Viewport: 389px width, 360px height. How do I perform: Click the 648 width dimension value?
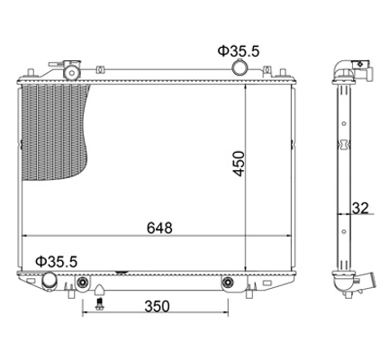pos(159,228)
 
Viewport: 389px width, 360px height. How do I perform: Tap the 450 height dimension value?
pos(240,164)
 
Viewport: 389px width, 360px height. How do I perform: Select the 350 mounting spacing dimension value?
pos(157,306)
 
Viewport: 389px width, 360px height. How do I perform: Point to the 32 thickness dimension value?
pos(360,208)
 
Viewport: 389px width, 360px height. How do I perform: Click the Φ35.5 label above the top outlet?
pos(239,51)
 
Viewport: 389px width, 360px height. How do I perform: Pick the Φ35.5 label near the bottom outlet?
pos(57,262)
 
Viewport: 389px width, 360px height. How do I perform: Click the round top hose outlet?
pos(240,67)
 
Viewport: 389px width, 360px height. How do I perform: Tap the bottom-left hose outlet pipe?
pos(50,281)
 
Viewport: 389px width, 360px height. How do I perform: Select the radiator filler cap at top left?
pos(72,70)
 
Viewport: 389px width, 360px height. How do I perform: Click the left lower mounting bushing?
pos(82,282)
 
